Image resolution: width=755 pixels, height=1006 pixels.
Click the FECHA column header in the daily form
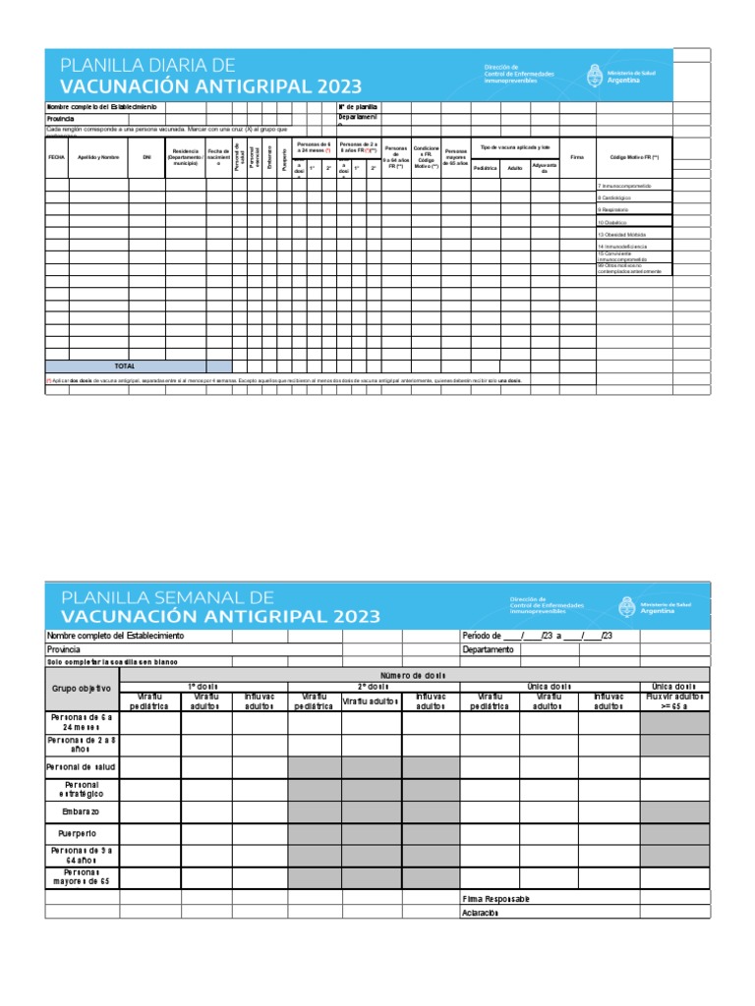(x=56, y=156)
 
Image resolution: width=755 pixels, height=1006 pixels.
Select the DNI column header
(x=146, y=156)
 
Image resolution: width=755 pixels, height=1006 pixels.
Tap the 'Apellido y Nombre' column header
(x=98, y=156)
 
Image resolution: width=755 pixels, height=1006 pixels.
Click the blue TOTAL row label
(x=125, y=365)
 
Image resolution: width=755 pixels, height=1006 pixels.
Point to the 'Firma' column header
(x=577, y=156)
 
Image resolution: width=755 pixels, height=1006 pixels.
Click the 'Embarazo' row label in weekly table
(x=83, y=812)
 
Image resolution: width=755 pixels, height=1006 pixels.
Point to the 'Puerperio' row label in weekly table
(x=83, y=832)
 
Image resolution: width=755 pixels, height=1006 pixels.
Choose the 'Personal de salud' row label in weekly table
(x=83, y=766)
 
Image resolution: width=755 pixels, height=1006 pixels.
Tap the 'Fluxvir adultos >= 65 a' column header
(x=674, y=700)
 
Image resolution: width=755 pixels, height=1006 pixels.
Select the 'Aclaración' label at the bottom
(x=480, y=912)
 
